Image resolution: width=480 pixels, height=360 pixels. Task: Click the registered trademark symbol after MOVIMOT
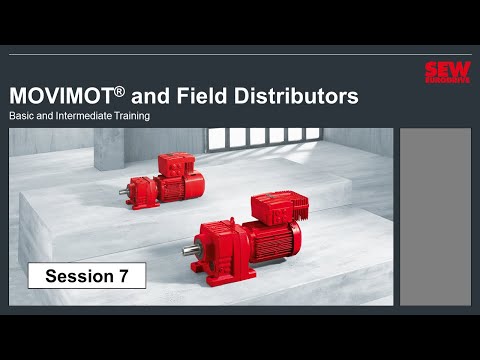click(x=119, y=91)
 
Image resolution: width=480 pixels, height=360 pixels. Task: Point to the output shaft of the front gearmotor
click(x=187, y=252)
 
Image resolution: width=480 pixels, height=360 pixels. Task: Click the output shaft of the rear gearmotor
click(x=125, y=190)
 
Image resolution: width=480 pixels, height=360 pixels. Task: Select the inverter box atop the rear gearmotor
click(x=177, y=163)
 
